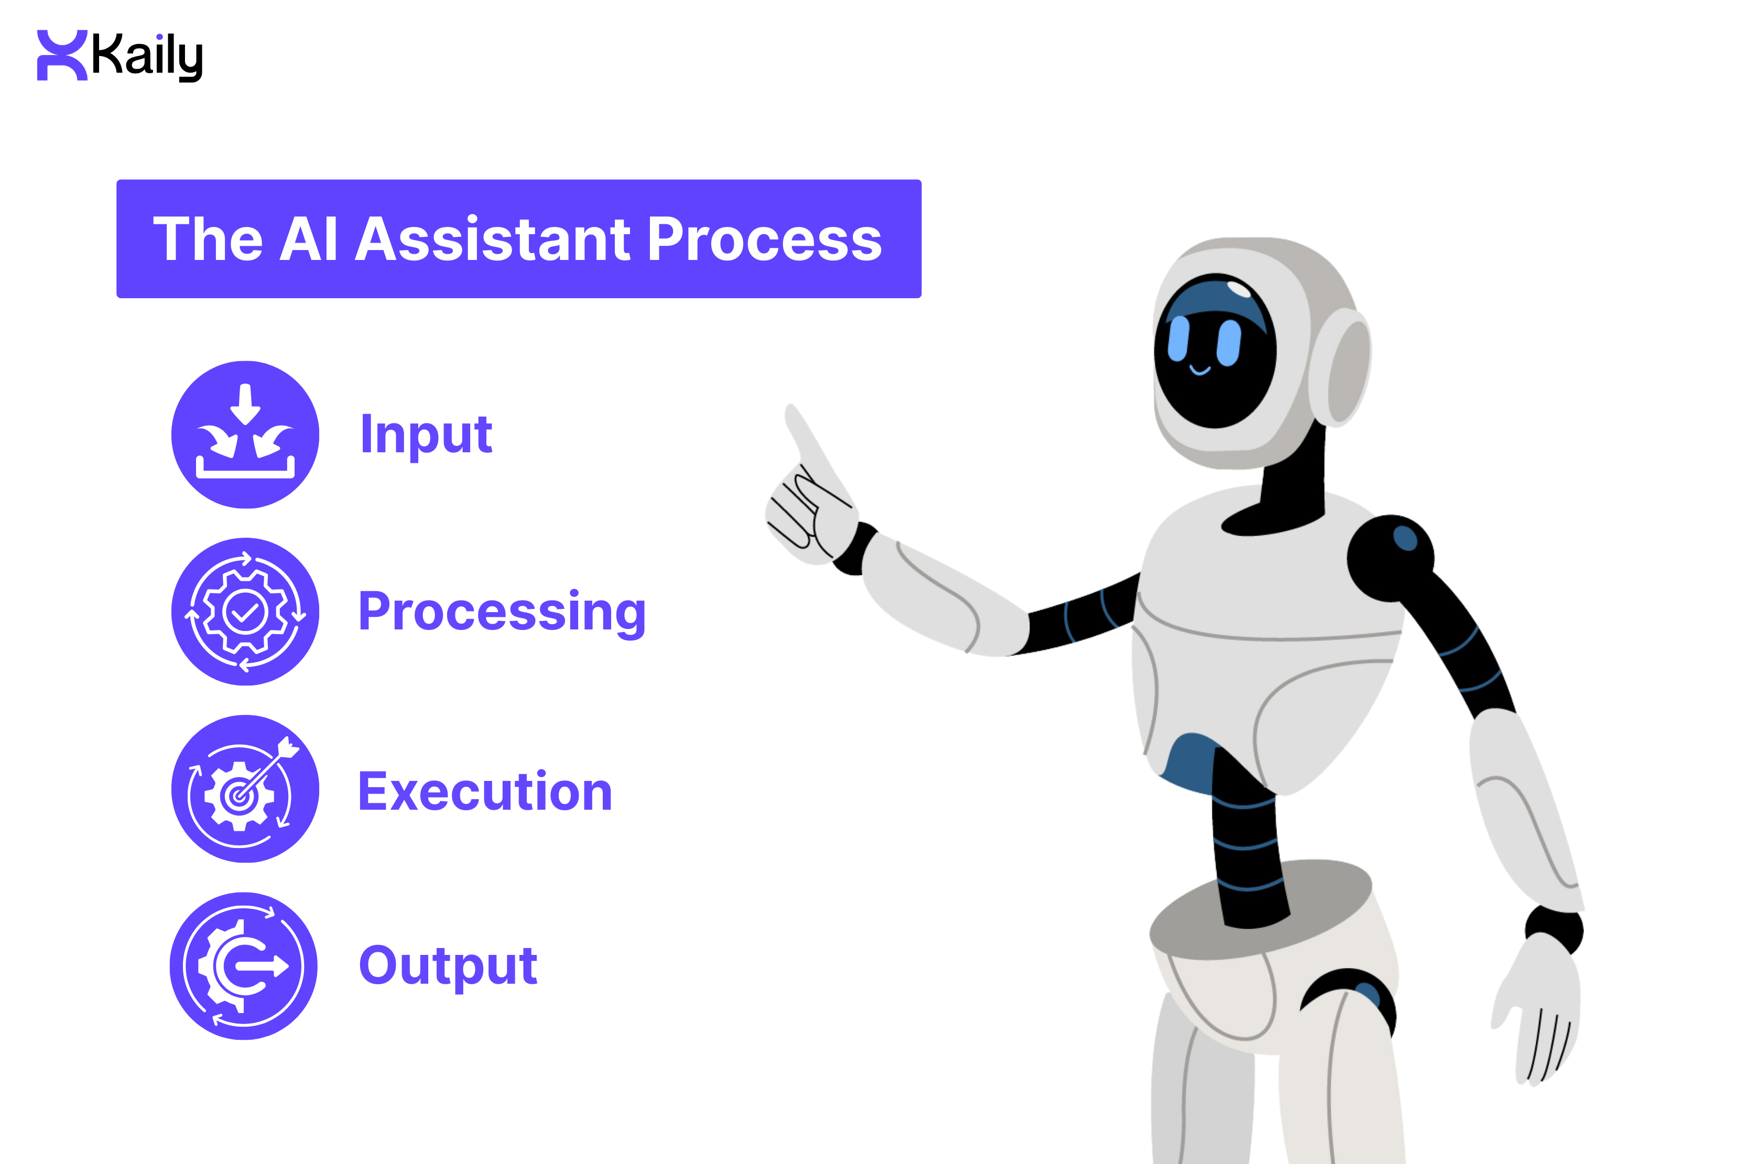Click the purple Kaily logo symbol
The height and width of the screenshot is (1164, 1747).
(62, 55)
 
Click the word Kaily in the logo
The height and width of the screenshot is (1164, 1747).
(146, 57)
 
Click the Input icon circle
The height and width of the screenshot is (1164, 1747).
(245, 434)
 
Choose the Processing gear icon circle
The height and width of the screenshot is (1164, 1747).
(245, 612)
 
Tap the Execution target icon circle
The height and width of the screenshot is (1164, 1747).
(245, 788)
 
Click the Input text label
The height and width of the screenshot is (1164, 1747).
(426, 434)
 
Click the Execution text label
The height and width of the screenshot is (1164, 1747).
(485, 791)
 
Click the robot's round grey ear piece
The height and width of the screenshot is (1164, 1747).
(1340, 367)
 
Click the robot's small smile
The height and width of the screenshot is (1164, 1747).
(1200, 369)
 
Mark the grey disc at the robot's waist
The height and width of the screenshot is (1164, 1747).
(1262, 909)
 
